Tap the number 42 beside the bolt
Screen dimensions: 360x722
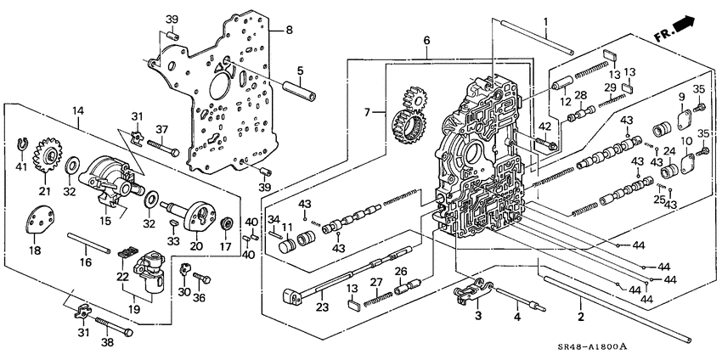point(544,127)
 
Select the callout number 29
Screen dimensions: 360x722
point(609,88)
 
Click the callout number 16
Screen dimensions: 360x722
point(86,263)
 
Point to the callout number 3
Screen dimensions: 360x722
point(477,316)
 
